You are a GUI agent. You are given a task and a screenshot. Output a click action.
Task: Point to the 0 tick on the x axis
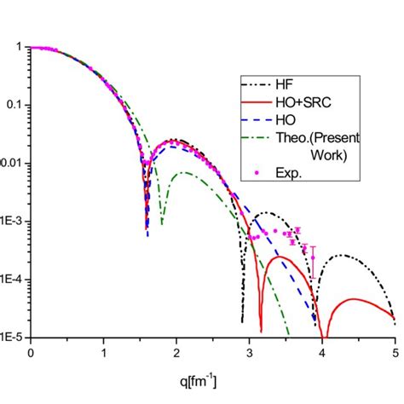pyautogui.click(x=31, y=350)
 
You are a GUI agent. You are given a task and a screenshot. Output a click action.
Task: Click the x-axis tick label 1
pyautogui.click(x=104, y=350)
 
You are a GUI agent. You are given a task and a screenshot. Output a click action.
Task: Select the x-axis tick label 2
pyautogui.click(x=176, y=350)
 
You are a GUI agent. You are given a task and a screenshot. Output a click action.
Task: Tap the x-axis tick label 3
pyautogui.click(x=250, y=350)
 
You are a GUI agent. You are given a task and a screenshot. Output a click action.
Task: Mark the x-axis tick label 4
pyautogui.click(x=322, y=350)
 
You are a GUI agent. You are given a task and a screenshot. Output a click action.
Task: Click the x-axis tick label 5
pyautogui.click(x=395, y=350)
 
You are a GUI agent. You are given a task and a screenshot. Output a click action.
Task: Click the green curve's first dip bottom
pyautogui.click(x=162, y=223)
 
